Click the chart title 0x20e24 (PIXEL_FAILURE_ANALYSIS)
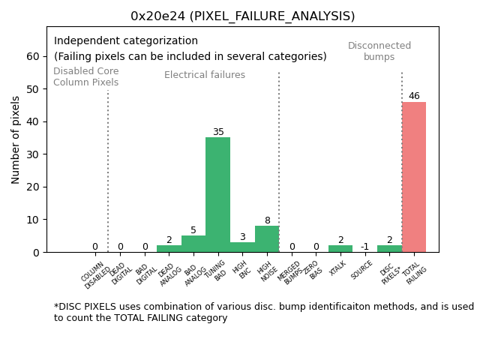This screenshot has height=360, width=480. (x=242, y=16)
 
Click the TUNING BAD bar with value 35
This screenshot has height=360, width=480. (x=217, y=195)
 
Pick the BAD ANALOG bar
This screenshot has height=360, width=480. (x=193, y=244)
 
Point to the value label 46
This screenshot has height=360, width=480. (x=414, y=96)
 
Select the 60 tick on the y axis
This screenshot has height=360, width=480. (x=34, y=56)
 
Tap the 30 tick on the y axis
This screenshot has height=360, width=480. (x=34, y=154)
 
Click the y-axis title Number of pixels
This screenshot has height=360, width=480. (x=16, y=139)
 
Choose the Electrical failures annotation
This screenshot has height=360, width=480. (x=205, y=75)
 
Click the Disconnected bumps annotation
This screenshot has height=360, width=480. (x=379, y=51)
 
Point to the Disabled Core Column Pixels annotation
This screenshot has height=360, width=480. (x=85, y=76)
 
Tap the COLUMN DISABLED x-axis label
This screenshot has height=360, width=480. (x=95, y=274)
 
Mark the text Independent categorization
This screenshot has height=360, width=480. (x=126, y=41)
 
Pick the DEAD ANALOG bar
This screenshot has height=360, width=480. (x=169, y=249)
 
